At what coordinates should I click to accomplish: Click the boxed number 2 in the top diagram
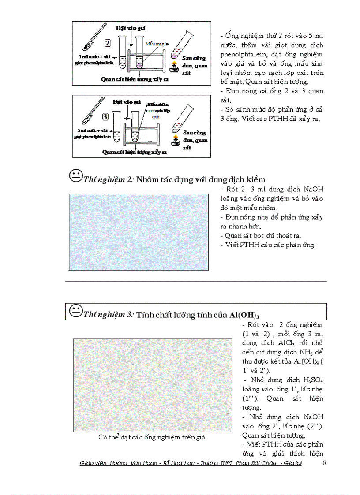click(x=108, y=43)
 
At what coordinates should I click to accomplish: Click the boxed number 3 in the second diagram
click(x=105, y=117)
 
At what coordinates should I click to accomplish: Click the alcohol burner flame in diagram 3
click(x=176, y=139)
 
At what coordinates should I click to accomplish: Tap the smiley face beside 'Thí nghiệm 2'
click(x=76, y=176)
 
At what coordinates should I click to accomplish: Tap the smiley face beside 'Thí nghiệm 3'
click(x=76, y=311)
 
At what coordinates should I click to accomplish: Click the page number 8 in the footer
click(x=325, y=463)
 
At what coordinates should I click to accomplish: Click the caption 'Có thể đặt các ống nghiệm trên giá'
click(x=152, y=438)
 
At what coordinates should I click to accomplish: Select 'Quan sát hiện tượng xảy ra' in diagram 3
click(x=134, y=152)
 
